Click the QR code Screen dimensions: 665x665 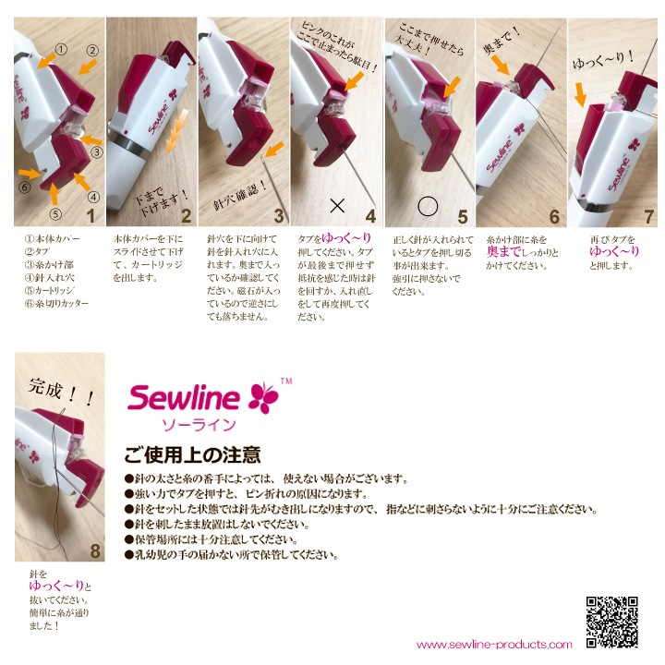(x=611, y=622)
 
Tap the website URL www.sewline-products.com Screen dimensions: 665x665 (x=494, y=645)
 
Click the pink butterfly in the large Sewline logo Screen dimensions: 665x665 (x=263, y=396)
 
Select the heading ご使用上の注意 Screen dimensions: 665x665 (x=192, y=455)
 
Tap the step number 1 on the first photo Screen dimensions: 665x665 (x=90, y=215)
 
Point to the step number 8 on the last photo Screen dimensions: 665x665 (x=94, y=550)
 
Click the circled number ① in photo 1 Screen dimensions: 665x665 (x=61, y=48)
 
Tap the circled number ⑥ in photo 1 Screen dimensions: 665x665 (x=25, y=186)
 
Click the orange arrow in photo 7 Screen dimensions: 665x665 (x=580, y=92)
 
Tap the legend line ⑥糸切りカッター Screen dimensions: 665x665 (x=56, y=302)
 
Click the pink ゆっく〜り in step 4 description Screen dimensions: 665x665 (x=346, y=237)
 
